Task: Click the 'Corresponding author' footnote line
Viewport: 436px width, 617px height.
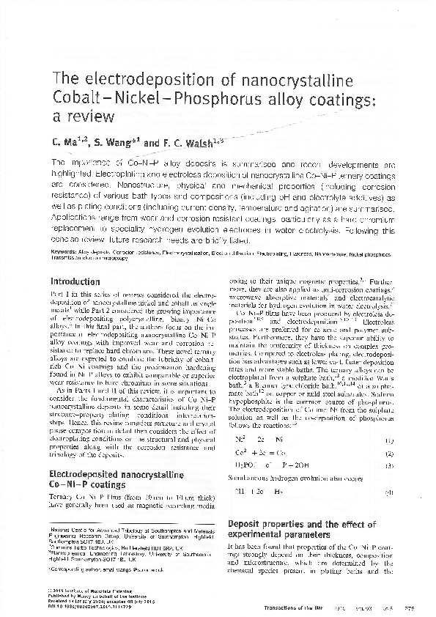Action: click(x=98, y=568)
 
